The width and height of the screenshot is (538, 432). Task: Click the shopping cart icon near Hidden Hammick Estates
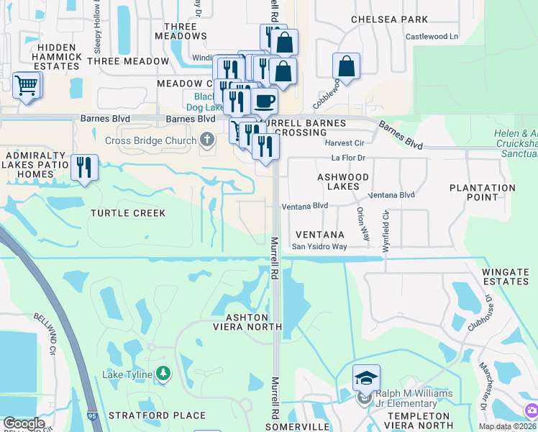click(x=27, y=86)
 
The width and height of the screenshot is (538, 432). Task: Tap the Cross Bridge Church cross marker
click(x=207, y=140)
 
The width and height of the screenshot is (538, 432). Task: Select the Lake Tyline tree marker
click(x=164, y=373)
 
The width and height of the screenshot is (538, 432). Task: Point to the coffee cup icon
click(x=264, y=101)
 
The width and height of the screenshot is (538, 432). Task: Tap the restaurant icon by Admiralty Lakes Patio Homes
click(x=85, y=167)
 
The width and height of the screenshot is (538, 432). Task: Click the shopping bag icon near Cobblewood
click(x=347, y=66)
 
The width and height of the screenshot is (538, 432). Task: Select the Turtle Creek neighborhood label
click(x=128, y=213)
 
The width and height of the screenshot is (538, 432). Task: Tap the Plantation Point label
click(x=483, y=192)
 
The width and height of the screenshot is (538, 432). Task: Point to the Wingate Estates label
click(x=506, y=276)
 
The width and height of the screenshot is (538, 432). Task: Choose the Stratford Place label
click(x=157, y=415)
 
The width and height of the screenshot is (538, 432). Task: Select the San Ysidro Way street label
click(x=319, y=247)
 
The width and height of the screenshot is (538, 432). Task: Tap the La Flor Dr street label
click(x=348, y=158)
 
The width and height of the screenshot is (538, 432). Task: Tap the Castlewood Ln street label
click(x=432, y=36)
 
